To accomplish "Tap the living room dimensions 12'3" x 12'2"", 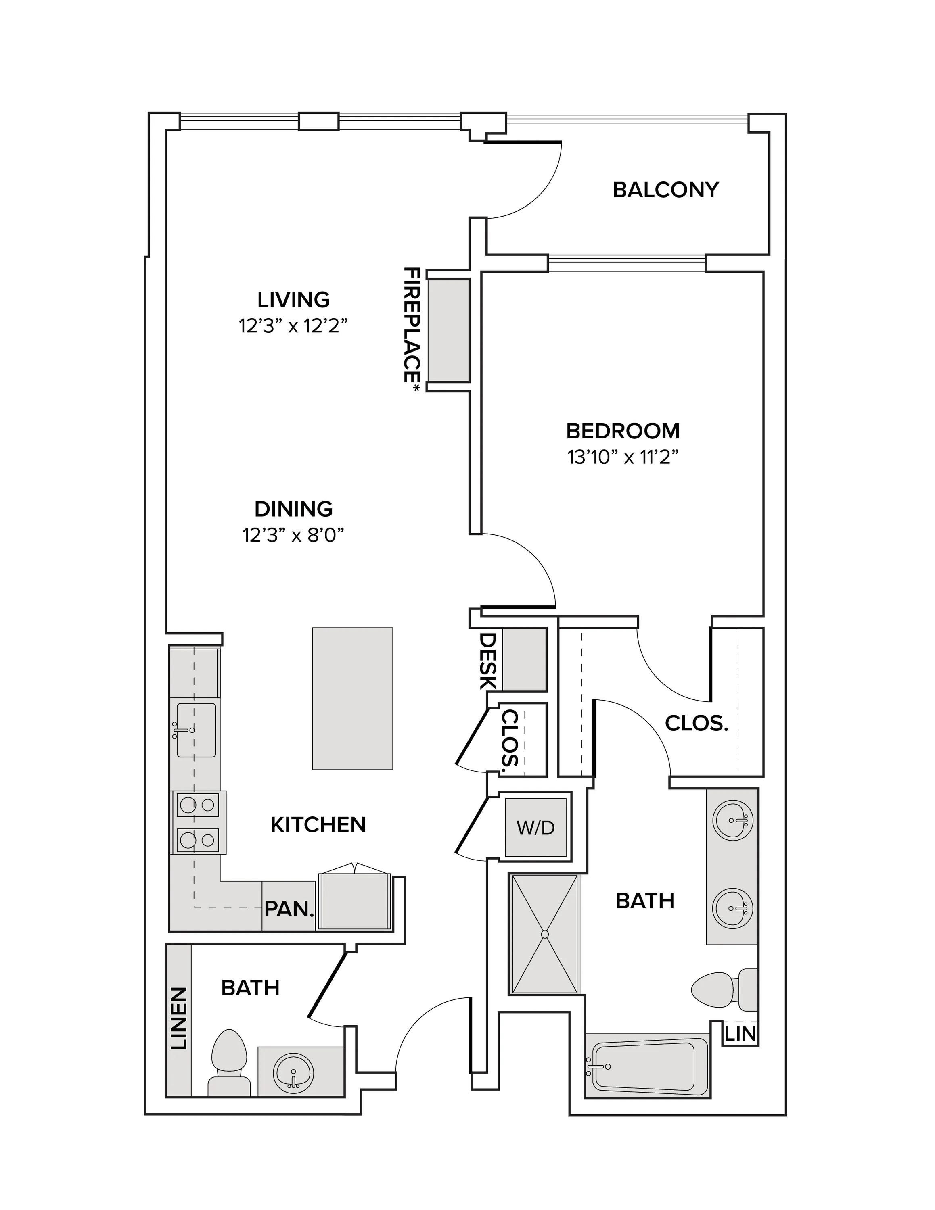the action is tap(293, 326).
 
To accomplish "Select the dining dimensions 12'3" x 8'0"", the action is tap(293, 535).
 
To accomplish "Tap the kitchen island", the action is tap(353, 698).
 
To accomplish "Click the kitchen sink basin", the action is tap(196, 730).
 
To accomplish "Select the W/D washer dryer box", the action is tap(535, 827).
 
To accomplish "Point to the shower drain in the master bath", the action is tap(544, 934).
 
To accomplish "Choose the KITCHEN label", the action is tap(318, 825).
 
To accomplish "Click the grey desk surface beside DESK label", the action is tap(524, 659).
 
